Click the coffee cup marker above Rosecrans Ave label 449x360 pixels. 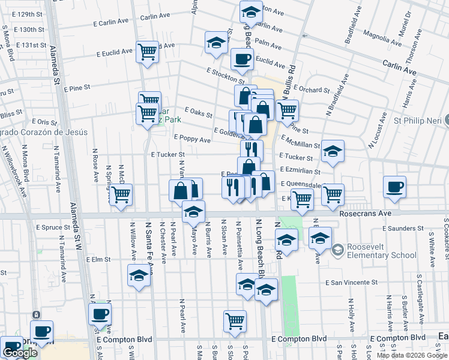(x=395, y=187)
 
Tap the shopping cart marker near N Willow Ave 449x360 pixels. (x=121, y=194)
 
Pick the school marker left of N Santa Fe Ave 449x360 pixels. (x=139, y=275)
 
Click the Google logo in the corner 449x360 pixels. (x=20, y=353)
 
